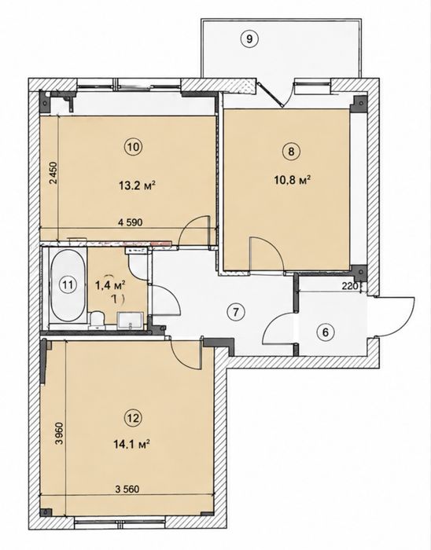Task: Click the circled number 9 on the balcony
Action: point(249,38)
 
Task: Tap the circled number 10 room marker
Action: point(134,147)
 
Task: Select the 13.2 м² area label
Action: point(138,185)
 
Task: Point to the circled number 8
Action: point(291,152)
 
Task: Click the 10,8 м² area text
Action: point(292,180)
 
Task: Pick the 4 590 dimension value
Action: point(131,222)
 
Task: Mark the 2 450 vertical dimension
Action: point(53,173)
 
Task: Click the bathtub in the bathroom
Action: point(68,284)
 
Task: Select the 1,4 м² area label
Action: point(111,285)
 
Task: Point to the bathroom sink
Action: point(130,321)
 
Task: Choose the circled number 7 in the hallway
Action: point(235,311)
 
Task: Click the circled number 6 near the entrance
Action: point(326,332)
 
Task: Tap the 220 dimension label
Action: point(349,286)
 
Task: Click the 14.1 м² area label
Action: point(132,445)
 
